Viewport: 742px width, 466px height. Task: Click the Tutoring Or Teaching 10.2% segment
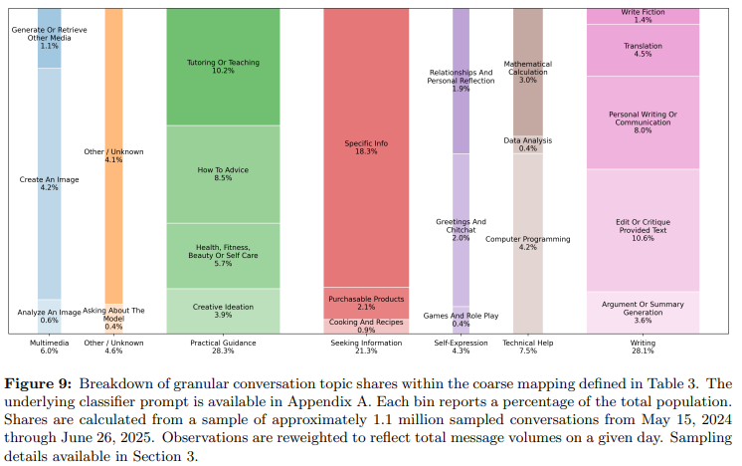pos(223,67)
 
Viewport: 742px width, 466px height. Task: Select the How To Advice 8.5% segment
pos(223,174)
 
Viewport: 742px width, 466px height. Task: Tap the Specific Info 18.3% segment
pos(366,147)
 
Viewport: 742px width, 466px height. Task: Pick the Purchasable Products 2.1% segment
pos(366,303)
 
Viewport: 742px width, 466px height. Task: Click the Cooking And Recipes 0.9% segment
pos(366,326)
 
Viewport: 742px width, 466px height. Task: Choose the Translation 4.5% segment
pos(643,50)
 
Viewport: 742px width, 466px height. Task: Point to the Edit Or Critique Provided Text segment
pos(643,229)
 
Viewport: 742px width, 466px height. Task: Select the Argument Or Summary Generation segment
pos(643,313)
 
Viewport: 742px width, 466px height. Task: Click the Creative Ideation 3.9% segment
pos(223,311)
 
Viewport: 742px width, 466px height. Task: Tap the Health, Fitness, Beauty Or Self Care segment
pos(223,256)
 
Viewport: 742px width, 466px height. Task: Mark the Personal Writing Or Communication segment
pos(643,121)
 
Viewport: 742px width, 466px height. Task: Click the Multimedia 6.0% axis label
pos(49,347)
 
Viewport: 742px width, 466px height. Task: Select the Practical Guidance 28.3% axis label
pos(223,347)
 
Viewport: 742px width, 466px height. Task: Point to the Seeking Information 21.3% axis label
pos(366,347)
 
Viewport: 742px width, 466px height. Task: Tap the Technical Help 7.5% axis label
pos(527,347)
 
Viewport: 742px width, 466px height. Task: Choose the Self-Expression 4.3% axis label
pos(461,347)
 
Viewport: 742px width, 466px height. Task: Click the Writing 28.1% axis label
pos(643,347)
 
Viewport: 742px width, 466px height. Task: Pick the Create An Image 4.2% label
pos(49,183)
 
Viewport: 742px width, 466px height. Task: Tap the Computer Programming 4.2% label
pos(527,243)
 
